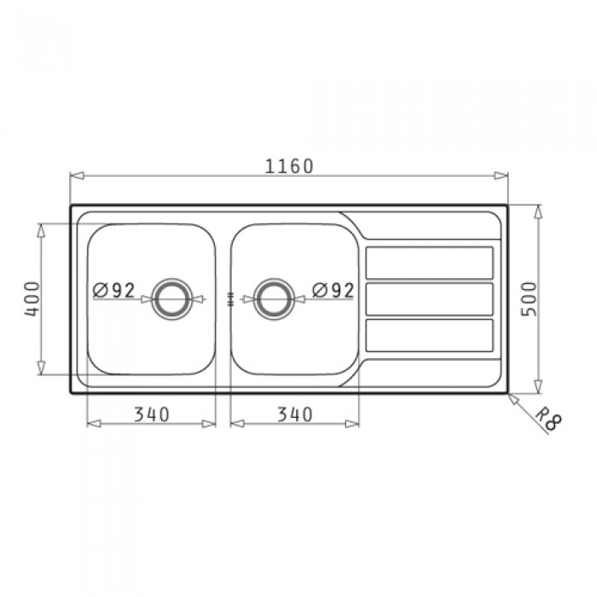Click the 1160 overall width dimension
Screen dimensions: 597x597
click(x=289, y=166)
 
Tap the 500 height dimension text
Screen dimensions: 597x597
click(x=529, y=298)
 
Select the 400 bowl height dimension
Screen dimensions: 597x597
click(x=32, y=298)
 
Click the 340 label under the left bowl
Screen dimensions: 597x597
click(x=152, y=414)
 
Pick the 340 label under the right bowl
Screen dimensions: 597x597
click(x=295, y=414)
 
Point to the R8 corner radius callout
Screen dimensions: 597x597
click(x=548, y=419)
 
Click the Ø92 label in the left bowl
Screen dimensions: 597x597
click(x=113, y=291)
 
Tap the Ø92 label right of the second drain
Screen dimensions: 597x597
click(x=333, y=291)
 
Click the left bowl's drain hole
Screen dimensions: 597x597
click(x=172, y=298)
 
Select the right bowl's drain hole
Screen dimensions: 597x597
click(x=274, y=298)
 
